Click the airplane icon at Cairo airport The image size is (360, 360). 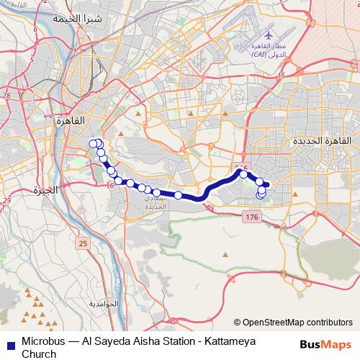click(x=269, y=35)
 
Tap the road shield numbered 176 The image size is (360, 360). click(x=251, y=217)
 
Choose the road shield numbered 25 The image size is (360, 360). click(x=83, y=244)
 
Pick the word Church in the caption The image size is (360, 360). click(x=39, y=354)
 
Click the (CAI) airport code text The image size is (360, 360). click(x=258, y=55)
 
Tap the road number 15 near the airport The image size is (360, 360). click(x=283, y=75)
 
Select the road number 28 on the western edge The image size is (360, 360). click(x=6, y=94)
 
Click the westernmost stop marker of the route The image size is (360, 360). click(x=93, y=143)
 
